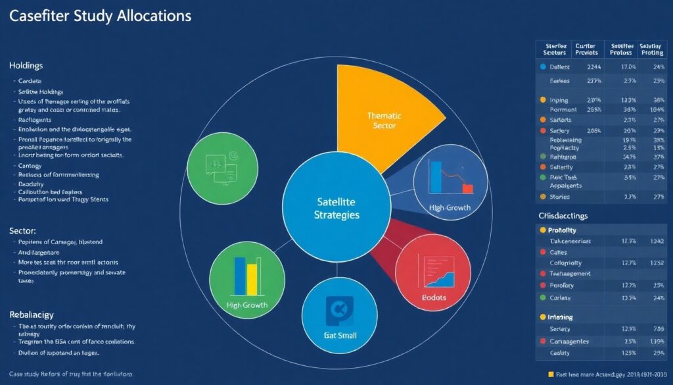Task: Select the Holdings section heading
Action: pos(26,66)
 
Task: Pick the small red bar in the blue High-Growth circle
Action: pos(467,189)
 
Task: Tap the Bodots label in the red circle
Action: pos(433,297)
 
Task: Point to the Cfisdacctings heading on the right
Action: pos(563,215)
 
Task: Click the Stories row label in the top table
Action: pos(560,196)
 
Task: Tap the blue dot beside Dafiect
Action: pos(542,67)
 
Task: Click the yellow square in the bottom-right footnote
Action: pos(551,374)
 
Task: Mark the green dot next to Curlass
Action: pos(542,297)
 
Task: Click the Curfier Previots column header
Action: pos(586,48)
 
